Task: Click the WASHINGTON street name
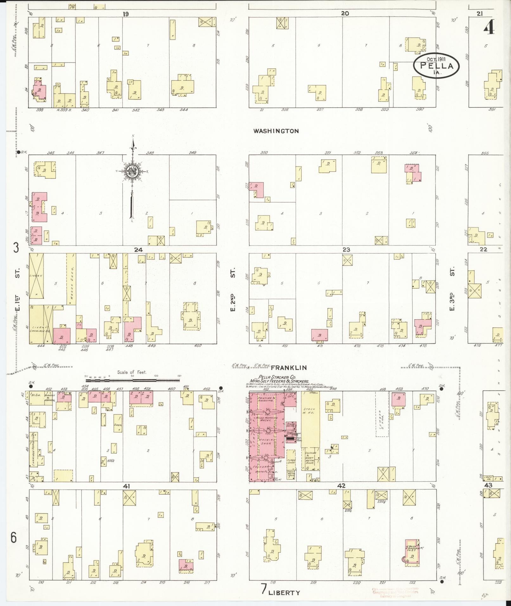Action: (x=276, y=131)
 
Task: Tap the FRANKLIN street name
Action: (x=289, y=367)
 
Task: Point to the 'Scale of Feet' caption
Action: (x=132, y=372)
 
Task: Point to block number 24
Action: (x=138, y=250)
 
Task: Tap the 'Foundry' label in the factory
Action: (x=261, y=466)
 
